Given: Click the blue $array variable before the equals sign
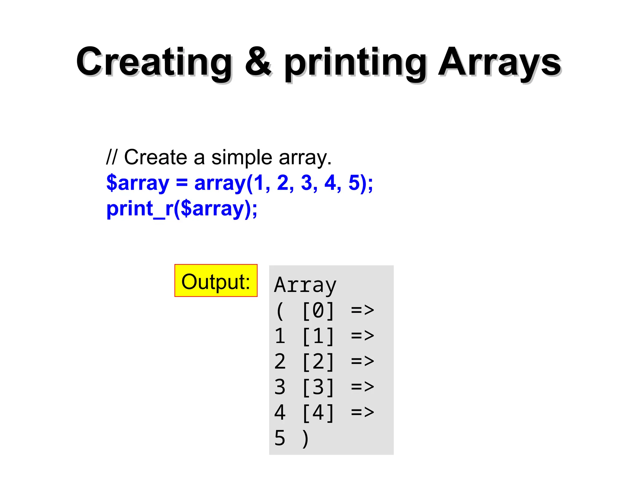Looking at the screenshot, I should tap(137, 183).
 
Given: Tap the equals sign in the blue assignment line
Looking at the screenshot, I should tap(182, 183).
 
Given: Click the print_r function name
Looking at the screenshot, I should tap(136, 209).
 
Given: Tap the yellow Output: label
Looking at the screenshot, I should tap(216, 281).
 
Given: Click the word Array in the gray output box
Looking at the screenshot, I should tap(305, 285).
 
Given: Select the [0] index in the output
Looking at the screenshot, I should tap(318, 311).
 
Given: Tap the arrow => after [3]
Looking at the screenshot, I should tap(362, 387).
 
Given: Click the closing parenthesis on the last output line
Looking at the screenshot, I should tap(306, 438).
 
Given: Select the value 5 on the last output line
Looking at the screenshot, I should tap(280, 438).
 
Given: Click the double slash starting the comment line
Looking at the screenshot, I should tap(111, 157).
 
